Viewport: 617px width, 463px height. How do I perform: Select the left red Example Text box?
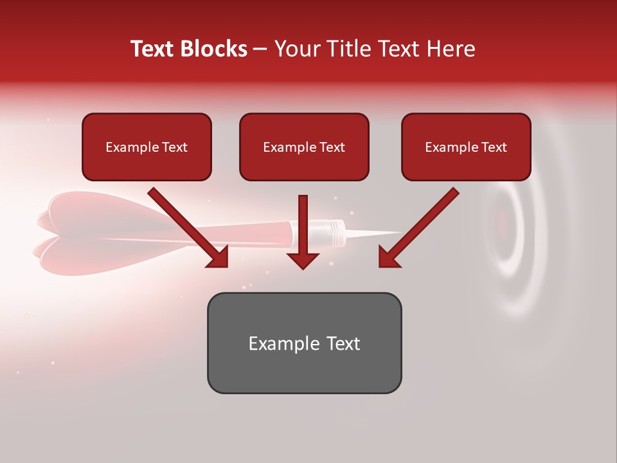[147, 147]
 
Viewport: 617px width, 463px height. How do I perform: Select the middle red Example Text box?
[304, 147]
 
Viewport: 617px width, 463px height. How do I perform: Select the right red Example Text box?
[466, 147]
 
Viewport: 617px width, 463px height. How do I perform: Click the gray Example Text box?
[304, 343]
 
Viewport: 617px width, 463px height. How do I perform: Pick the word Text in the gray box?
[344, 343]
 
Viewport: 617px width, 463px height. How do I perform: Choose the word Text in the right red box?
[494, 147]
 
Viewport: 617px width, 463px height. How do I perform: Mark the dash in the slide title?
[261, 49]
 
